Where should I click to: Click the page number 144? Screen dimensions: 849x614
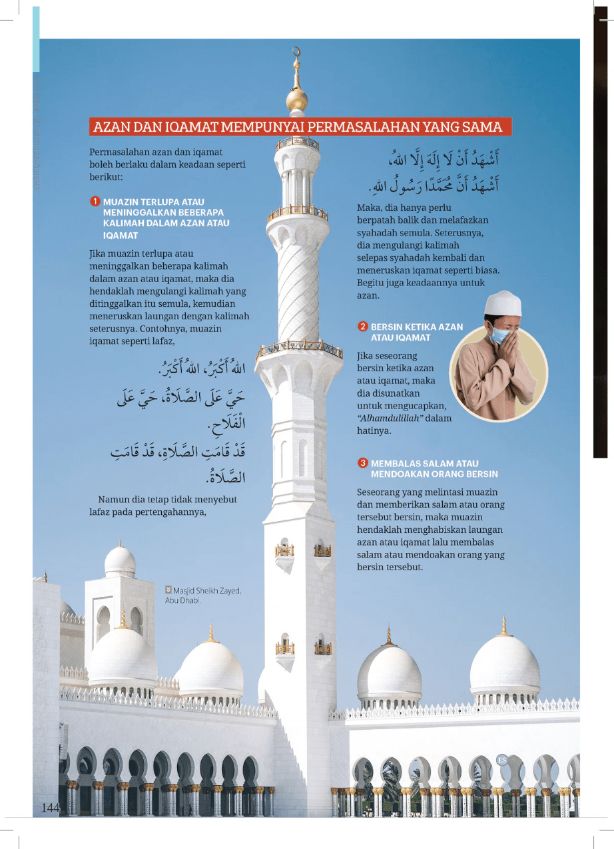pos(51,808)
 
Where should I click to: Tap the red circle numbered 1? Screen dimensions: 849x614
pos(95,202)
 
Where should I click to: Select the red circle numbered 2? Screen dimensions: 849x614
pos(363,327)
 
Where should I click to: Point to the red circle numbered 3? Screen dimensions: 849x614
pos(363,463)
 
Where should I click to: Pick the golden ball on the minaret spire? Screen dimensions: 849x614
pos(297,100)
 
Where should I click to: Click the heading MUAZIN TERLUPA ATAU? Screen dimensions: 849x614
pos(153,202)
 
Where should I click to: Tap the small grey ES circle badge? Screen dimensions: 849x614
pos(502,759)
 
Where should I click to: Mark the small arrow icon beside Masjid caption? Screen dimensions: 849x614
pos(168,590)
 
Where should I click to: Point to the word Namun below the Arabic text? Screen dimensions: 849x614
pos(114,500)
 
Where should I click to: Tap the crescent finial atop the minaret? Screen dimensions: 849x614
pos(297,51)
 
